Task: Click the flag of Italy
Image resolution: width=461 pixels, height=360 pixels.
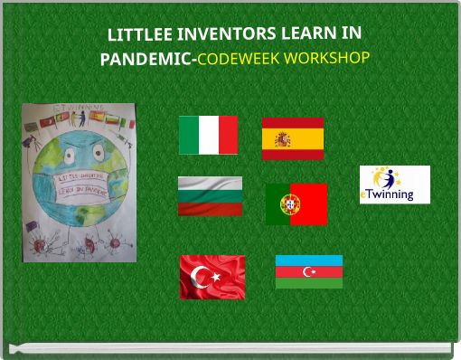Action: pyautogui.click(x=208, y=135)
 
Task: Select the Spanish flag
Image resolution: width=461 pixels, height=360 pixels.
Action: pyautogui.click(x=292, y=138)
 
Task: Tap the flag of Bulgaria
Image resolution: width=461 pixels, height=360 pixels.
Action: pyautogui.click(x=210, y=196)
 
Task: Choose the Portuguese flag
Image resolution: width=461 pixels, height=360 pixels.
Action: pyautogui.click(x=296, y=204)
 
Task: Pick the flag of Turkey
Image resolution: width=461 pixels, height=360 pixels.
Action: pyautogui.click(x=212, y=276)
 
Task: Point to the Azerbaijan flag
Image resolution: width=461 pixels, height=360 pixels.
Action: pyautogui.click(x=308, y=271)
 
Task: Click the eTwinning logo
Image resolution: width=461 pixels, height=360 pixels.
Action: pyautogui.click(x=394, y=185)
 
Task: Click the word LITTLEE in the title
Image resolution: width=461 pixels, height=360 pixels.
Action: pyautogui.click(x=137, y=35)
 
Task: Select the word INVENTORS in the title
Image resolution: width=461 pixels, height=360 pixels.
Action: pyautogui.click(x=222, y=35)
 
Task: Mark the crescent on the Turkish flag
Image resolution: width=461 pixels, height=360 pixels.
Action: pyautogui.click(x=203, y=276)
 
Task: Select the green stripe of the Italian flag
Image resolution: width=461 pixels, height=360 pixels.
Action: pyautogui.click(x=188, y=135)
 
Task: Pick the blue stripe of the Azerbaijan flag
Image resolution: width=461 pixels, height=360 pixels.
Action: pyautogui.click(x=308, y=261)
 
